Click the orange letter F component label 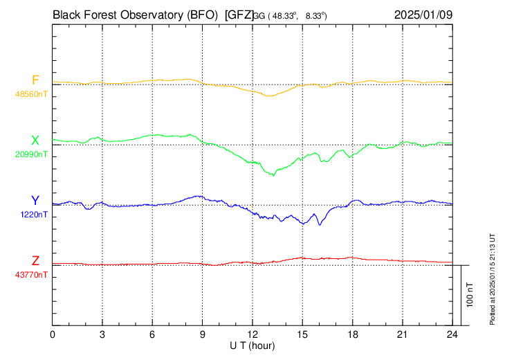pyautogui.click(x=35, y=80)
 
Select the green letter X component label pyautogui.click(x=35, y=141)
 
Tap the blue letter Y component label pyautogui.click(x=35, y=201)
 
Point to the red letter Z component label pyautogui.click(x=35, y=261)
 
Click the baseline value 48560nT pyautogui.click(x=32, y=93)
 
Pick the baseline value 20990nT pyautogui.click(x=32, y=154)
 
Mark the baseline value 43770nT pyautogui.click(x=32, y=275)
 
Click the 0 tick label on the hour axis pyautogui.click(x=53, y=335)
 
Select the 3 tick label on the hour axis pyautogui.click(x=102, y=335)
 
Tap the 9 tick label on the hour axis pyautogui.click(x=203, y=335)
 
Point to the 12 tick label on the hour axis pyautogui.click(x=252, y=335)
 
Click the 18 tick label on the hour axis pyautogui.click(x=353, y=335)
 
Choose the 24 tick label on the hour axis pyautogui.click(x=452, y=335)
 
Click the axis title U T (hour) pyautogui.click(x=252, y=345)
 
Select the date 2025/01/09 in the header pyautogui.click(x=423, y=14)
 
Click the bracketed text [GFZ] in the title pyautogui.click(x=240, y=14)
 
